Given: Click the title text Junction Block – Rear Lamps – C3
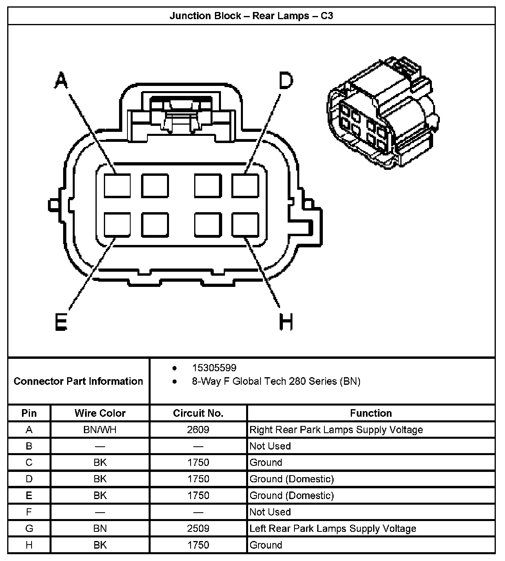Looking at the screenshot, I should pos(251,16).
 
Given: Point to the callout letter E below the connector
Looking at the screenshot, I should pos(61,322).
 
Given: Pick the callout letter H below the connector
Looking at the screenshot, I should pos(286,322).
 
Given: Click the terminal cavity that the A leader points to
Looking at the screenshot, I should pos(117,186).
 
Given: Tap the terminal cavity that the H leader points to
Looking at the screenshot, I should pos(245,225).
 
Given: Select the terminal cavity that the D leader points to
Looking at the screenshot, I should pos(245,186).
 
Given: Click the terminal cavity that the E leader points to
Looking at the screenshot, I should pos(117,225).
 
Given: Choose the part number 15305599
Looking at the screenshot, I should pos(214,368).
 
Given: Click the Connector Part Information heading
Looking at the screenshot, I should pos(78,381).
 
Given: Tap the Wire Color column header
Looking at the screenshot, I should pos(100,413).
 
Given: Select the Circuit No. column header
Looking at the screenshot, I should pos(198,413).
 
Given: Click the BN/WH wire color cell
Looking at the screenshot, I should pos(100,430).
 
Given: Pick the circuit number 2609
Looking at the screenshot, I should pos(198,430).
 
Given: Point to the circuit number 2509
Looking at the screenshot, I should pos(198,528).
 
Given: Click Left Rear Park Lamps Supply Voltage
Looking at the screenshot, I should pos(333,528).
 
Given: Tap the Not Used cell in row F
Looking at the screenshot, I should pos(270,512).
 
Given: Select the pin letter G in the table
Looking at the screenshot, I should pos(29,528).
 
